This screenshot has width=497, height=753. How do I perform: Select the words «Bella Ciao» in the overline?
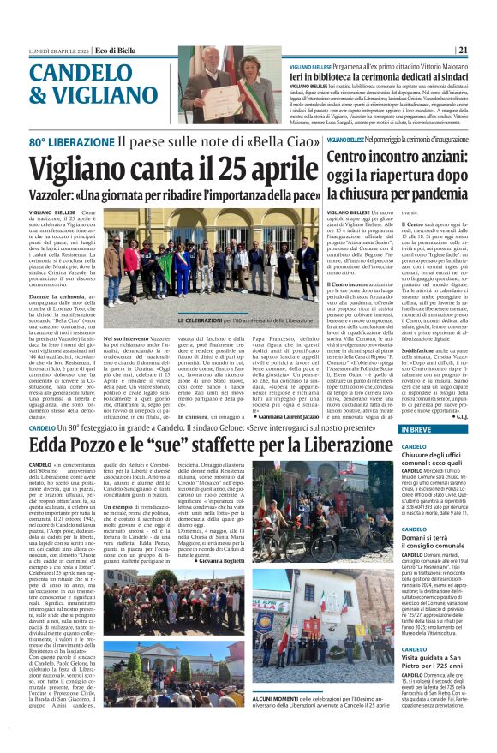click(x=290, y=140)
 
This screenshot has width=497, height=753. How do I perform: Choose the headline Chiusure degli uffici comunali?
click(x=415, y=457)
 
